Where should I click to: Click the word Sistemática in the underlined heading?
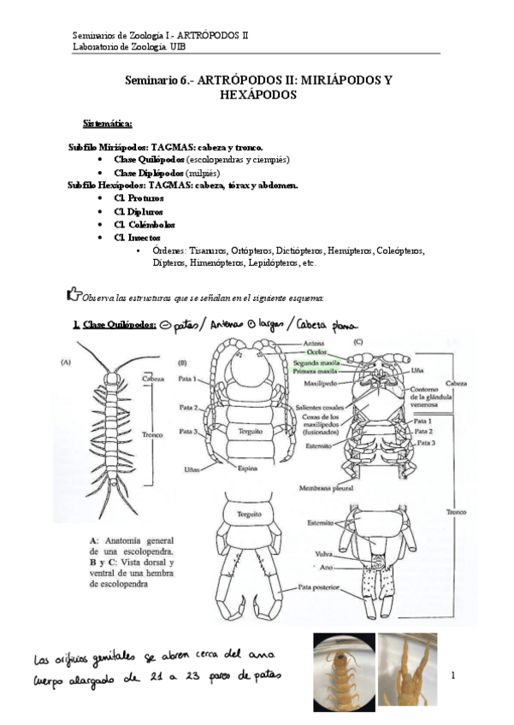click(107, 125)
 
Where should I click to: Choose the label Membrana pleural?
click(316, 486)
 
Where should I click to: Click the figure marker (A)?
click(66, 361)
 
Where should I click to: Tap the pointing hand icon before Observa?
click(73, 295)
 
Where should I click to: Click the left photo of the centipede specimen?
click(343, 672)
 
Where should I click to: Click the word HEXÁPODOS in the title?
click(258, 96)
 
